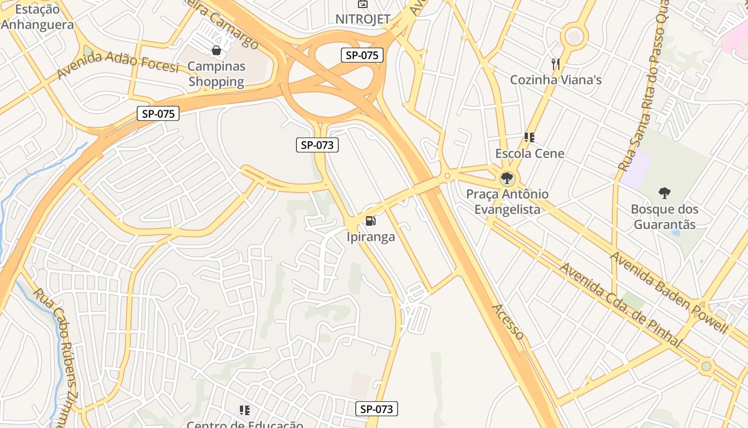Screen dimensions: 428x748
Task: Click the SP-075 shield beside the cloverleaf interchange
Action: click(x=362, y=55)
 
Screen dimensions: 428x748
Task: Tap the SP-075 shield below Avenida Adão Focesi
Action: click(x=158, y=113)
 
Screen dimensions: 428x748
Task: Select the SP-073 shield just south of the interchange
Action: click(x=317, y=144)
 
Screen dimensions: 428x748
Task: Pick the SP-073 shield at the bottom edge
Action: click(x=376, y=409)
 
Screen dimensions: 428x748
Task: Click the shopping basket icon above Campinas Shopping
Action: click(x=216, y=51)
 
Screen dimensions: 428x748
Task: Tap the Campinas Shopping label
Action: click(x=216, y=74)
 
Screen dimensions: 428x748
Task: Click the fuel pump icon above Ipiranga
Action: click(x=370, y=220)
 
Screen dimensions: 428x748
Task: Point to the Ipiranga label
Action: click(x=371, y=236)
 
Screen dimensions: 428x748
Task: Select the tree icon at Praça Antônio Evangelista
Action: click(x=507, y=178)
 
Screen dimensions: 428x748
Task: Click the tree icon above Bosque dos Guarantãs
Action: click(x=665, y=193)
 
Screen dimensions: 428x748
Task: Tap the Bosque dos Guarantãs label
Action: click(x=665, y=216)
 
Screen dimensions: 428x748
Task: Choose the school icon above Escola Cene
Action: click(x=529, y=137)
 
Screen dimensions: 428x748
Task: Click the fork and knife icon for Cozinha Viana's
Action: click(x=556, y=64)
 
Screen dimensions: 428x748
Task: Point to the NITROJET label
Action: click(x=363, y=19)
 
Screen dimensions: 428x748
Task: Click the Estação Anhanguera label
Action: click(x=37, y=17)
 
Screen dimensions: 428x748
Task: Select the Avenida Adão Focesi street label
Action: click(x=118, y=65)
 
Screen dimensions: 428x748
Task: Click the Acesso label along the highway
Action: click(x=508, y=321)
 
